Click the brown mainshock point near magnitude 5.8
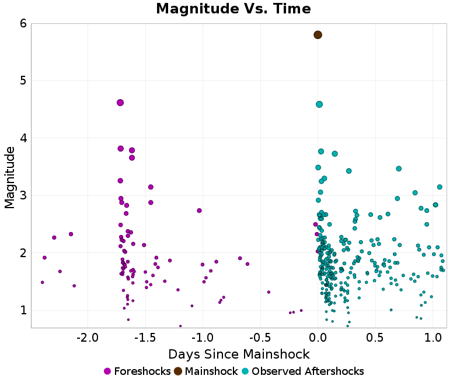(318, 35)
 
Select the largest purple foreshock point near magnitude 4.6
(120, 103)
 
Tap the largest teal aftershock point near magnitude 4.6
(319, 104)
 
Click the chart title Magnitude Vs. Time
(233, 9)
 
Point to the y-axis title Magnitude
(9, 177)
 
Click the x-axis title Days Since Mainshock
(239, 354)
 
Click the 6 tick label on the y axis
(23, 23)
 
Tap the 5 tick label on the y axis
(23, 80)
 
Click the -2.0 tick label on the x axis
(88, 338)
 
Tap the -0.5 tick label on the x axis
(260, 338)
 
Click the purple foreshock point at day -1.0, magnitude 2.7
(199, 210)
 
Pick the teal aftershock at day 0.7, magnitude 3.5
(399, 169)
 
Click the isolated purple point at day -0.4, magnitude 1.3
(269, 292)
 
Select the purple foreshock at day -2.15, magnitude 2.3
(71, 234)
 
